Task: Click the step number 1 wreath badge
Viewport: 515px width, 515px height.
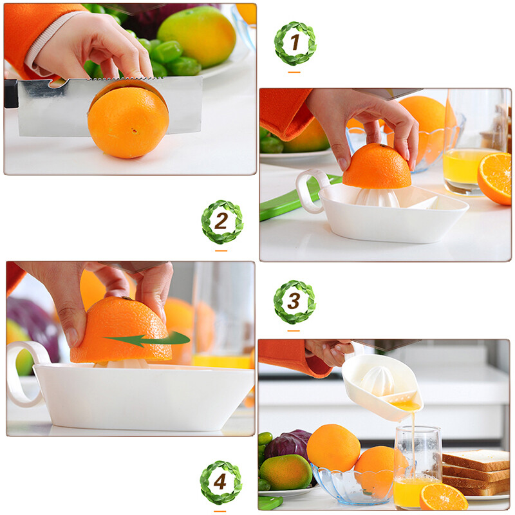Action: [295, 43]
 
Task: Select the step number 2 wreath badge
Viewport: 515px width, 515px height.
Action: [221, 221]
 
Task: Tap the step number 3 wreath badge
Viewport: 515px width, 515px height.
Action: [294, 301]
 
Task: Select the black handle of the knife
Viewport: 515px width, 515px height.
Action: [10, 94]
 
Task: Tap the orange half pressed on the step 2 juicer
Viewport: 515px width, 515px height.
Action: [377, 167]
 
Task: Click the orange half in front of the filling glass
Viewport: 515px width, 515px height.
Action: [443, 496]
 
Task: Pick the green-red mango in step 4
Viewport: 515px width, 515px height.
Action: [285, 472]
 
